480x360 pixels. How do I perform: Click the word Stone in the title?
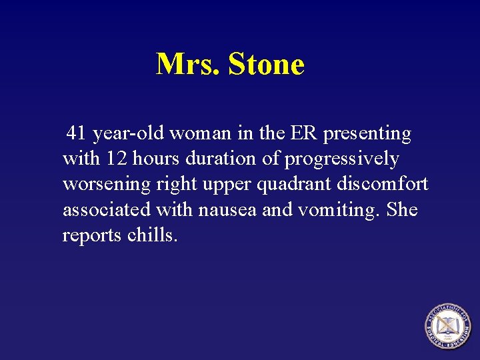click(266, 65)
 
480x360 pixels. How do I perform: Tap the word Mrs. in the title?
click(188, 65)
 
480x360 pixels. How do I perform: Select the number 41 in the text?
click(77, 134)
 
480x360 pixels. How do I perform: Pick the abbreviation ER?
click(305, 134)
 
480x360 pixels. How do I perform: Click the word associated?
click(107, 210)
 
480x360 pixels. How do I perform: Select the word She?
click(402, 210)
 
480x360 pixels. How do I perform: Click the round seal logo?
click(447, 326)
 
